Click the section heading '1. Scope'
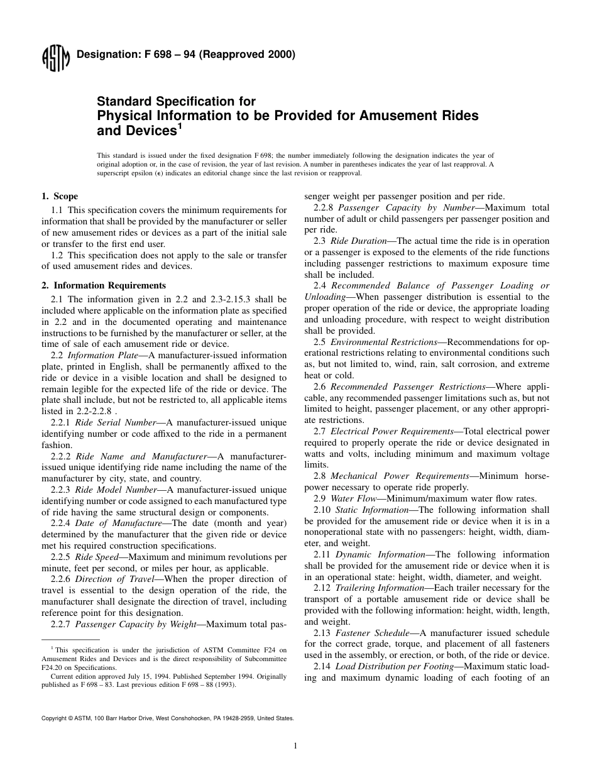coord(60,197)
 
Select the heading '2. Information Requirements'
coord(104,285)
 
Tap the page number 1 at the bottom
coord(295,746)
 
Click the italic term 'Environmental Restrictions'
coord(383,342)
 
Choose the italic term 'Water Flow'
coord(353,498)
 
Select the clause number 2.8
coord(319,476)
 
